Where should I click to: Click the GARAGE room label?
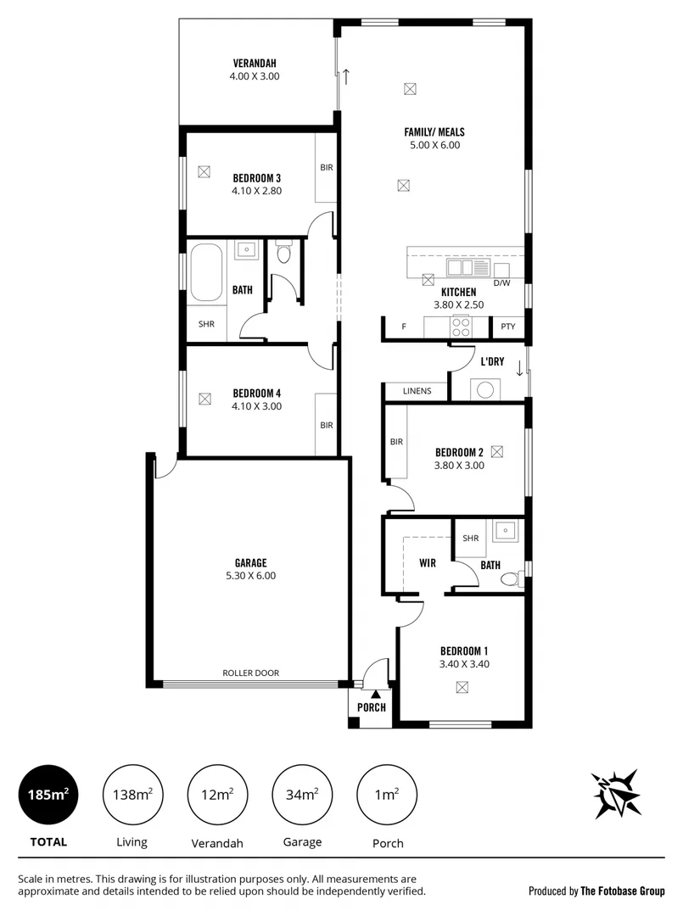pyautogui.click(x=250, y=562)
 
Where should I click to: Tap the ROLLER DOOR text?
pyautogui.click(x=250, y=673)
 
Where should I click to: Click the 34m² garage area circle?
pyautogui.click(x=302, y=795)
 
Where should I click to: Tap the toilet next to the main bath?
pyautogui.click(x=284, y=253)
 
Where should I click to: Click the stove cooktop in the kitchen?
pyautogui.click(x=461, y=327)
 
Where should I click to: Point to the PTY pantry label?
pyautogui.click(x=507, y=327)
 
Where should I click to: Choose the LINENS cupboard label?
pyautogui.click(x=417, y=391)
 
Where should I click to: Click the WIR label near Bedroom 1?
pyautogui.click(x=427, y=562)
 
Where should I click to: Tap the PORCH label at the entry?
pyautogui.click(x=372, y=707)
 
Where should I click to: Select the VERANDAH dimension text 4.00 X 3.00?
pyautogui.click(x=254, y=76)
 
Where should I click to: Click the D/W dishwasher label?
pyautogui.click(x=501, y=282)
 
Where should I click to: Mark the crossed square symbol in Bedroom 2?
pyautogui.click(x=497, y=451)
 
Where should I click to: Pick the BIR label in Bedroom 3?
pyautogui.click(x=326, y=168)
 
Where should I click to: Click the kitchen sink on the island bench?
pyautogui.click(x=462, y=268)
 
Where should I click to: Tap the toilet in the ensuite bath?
pyautogui.click(x=509, y=578)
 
